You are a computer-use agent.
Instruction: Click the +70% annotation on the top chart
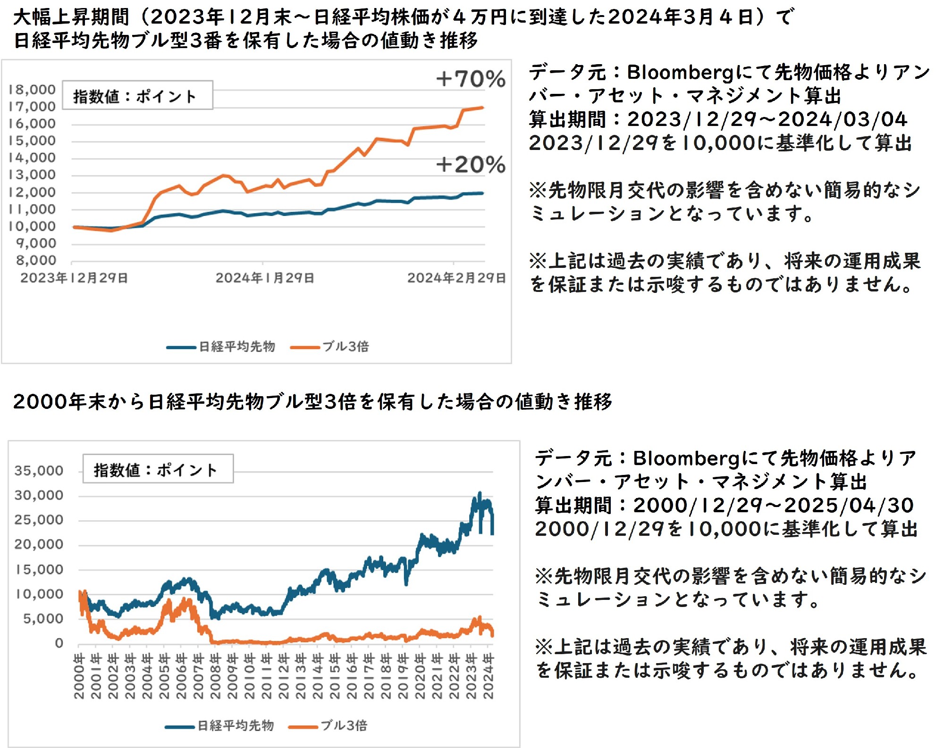tap(471, 79)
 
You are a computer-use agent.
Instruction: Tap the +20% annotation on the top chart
tap(471, 165)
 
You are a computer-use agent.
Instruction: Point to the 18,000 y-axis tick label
tap(32, 90)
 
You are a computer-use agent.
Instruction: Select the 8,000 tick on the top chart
tap(36, 260)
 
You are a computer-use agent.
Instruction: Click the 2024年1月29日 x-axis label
tap(265, 278)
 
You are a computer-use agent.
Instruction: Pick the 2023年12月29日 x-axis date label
tap(74, 278)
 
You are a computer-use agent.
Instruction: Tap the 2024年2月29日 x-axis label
tap(456, 278)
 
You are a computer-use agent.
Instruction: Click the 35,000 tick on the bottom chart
tap(39, 471)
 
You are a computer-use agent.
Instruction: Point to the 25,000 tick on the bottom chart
tap(39, 520)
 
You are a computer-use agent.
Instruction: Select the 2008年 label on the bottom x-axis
tap(215, 676)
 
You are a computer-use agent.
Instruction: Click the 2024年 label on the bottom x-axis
tap(489, 676)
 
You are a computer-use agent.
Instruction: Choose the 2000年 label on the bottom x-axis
tap(79, 676)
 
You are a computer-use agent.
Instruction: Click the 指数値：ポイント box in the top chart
tap(137, 96)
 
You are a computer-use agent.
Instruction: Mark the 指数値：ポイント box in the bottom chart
tap(158, 469)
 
